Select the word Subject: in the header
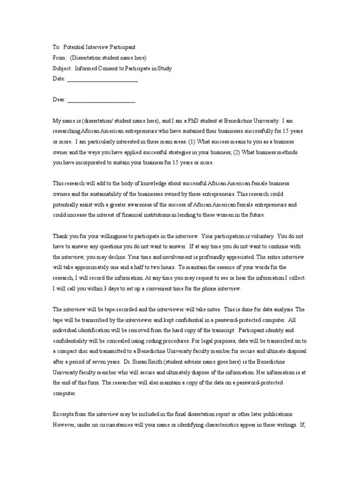[61, 68]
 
